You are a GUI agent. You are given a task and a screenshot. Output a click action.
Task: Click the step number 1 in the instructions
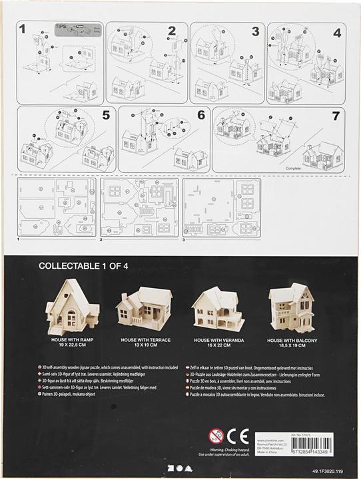[x=23, y=29]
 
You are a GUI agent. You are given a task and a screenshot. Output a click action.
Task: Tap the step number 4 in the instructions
[x=337, y=32]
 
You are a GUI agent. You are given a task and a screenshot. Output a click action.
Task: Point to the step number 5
[x=105, y=114]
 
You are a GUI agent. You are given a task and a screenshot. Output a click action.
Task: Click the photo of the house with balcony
[x=296, y=309]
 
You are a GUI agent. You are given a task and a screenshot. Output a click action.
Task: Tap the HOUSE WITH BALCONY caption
[x=296, y=340]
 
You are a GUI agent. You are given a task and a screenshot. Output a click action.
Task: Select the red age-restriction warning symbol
[x=215, y=437]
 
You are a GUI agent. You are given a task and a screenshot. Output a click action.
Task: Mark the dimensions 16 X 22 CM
[x=217, y=345]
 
